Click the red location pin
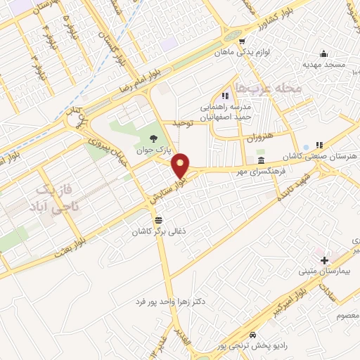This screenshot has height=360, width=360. coord(181,165)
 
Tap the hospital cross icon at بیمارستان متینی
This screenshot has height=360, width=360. coord(323,260)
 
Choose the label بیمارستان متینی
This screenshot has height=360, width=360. coord(319,271)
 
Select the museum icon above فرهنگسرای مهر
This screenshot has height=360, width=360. coord(260,161)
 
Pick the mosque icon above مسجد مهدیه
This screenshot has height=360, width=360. coord(323,54)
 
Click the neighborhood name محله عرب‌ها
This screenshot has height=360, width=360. coord(268,89)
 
